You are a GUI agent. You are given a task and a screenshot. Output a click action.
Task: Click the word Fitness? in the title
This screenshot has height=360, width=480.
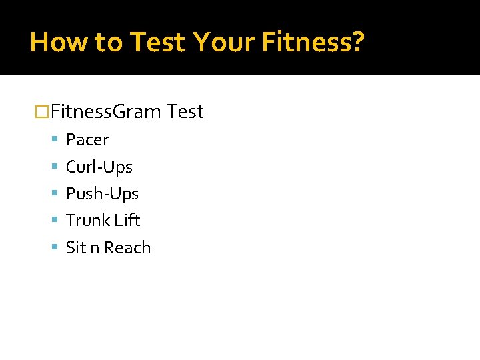pyautogui.click(x=313, y=42)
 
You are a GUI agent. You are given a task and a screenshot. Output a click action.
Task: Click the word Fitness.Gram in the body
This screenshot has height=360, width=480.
pyautogui.click(x=106, y=111)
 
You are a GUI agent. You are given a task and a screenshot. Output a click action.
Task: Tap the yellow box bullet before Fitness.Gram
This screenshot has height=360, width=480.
pyautogui.click(x=42, y=112)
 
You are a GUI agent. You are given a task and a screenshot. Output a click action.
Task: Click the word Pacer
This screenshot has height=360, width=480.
pyautogui.click(x=87, y=140)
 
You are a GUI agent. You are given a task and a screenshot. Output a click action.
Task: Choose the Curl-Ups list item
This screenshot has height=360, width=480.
pyautogui.click(x=99, y=167)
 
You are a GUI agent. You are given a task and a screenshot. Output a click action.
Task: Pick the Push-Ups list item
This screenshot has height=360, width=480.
pyautogui.click(x=102, y=194)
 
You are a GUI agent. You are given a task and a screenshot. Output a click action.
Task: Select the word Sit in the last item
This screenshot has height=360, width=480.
pyautogui.click(x=76, y=248)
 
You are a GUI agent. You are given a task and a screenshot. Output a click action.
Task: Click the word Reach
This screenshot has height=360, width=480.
pyautogui.click(x=127, y=248)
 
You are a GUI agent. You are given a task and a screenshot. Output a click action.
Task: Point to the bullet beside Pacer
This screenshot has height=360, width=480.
pyautogui.click(x=55, y=140)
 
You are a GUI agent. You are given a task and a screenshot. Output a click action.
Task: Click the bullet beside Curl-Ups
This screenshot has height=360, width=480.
pyautogui.click(x=55, y=167)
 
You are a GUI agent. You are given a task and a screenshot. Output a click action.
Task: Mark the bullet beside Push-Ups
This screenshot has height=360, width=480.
pyautogui.click(x=55, y=194)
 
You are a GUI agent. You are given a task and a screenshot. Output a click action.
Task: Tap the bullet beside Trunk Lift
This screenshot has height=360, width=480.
pyautogui.click(x=55, y=221)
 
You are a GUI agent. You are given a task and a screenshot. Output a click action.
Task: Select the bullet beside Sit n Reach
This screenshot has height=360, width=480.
pyautogui.click(x=55, y=248)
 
